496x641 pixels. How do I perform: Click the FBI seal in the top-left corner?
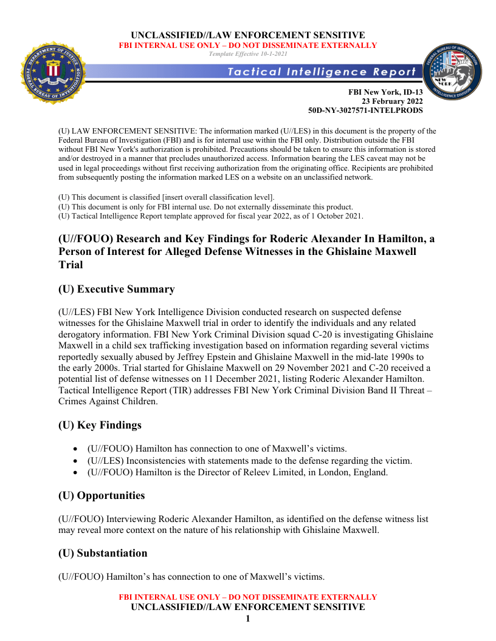point(53,73)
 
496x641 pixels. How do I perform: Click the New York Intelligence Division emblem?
point(453,74)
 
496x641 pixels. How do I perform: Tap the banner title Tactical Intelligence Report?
point(322,72)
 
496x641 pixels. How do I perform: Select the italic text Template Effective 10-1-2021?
point(248,54)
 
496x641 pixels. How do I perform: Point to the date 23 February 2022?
point(393,101)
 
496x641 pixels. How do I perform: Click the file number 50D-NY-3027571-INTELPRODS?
point(366,110)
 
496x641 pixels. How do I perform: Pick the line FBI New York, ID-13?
point(385,92)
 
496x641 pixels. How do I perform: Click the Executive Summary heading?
point(116,289)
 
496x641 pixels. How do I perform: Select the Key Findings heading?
point(100,425)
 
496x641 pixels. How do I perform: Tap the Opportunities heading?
point(102,495)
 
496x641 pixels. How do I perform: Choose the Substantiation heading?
point(103,553)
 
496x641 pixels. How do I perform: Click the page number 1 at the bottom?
point(248,619)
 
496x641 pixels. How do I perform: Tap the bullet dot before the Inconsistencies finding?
point(74,461)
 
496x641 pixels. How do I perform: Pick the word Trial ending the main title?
point(70,265)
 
